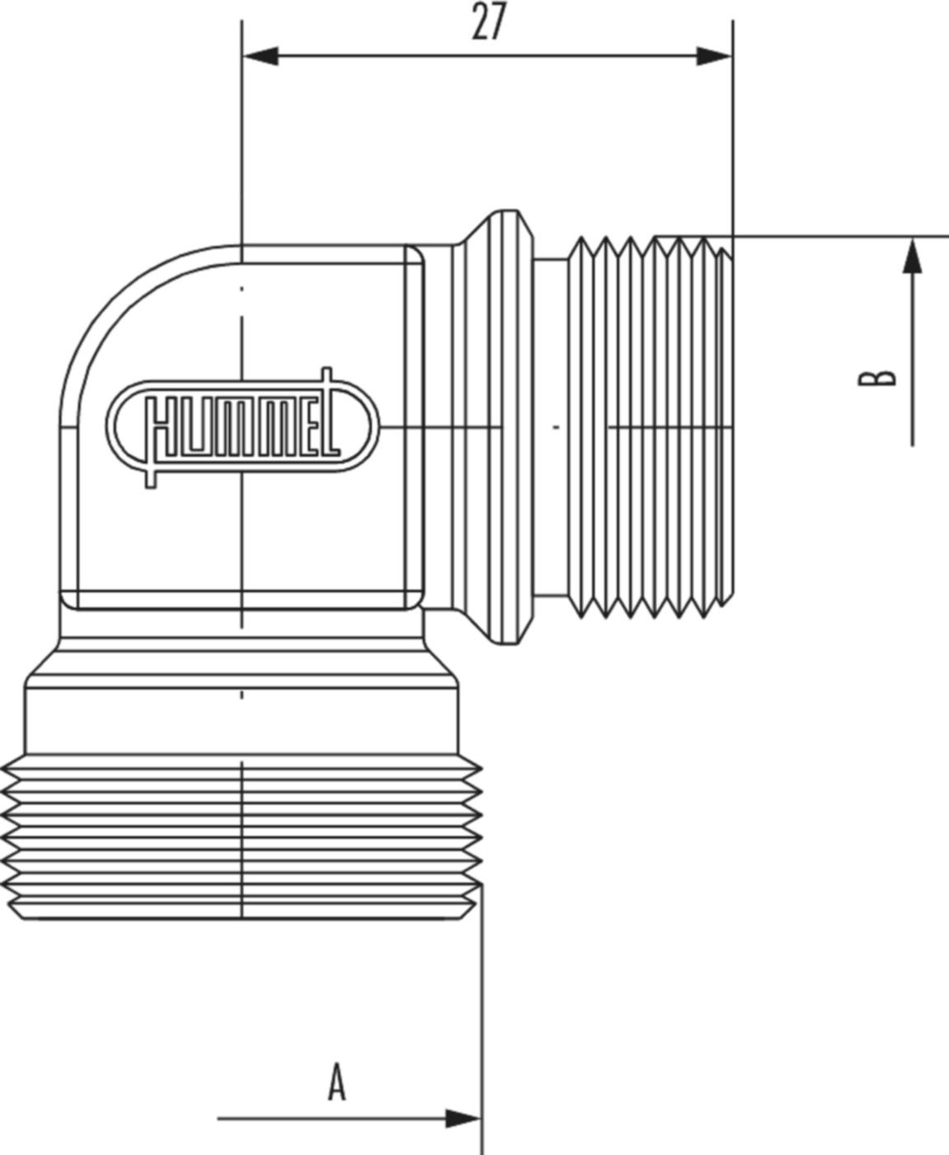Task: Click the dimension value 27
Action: tap(487, 23)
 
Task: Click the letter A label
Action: tap(336, 1082)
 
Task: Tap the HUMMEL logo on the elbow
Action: tap(245, 427)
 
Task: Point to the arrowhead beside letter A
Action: tap(462, 1119)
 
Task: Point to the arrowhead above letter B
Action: tap(912, 256)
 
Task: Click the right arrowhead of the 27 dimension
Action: tap(713, 57)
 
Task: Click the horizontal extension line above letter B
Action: tap(841, 236)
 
